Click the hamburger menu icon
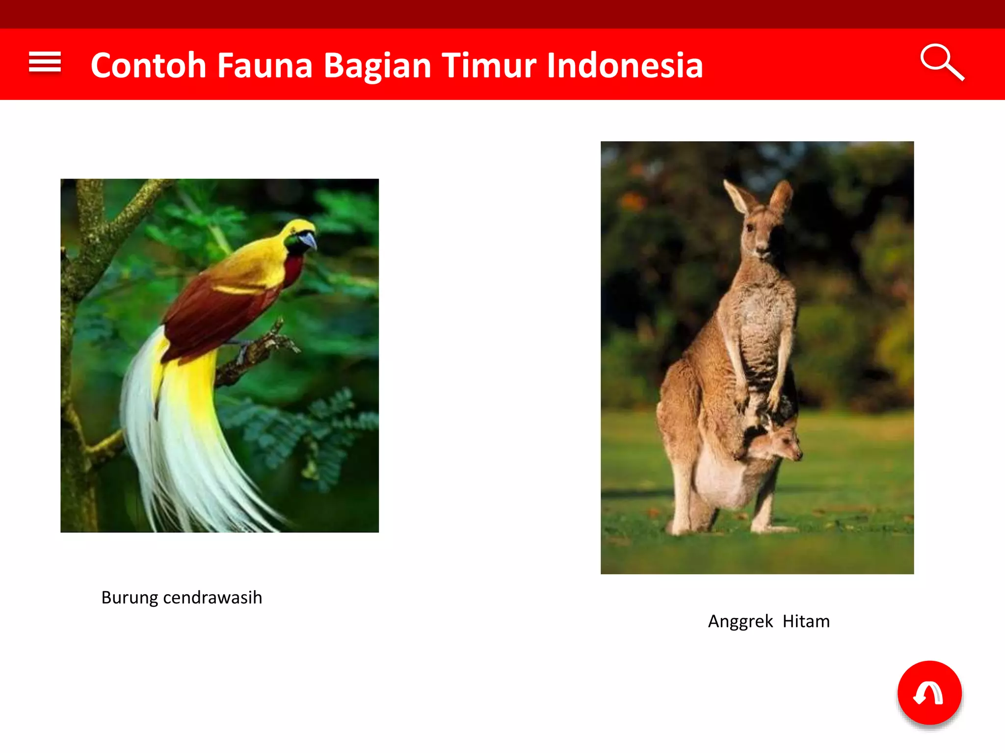45,62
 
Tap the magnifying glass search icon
941,62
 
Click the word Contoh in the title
148,65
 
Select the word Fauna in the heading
264,65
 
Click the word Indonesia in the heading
625,65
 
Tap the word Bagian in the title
377,66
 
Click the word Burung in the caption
130,598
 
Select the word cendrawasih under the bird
212,598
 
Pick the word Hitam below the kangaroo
806,621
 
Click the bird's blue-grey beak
309,240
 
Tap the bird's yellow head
297,228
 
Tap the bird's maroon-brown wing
211,314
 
